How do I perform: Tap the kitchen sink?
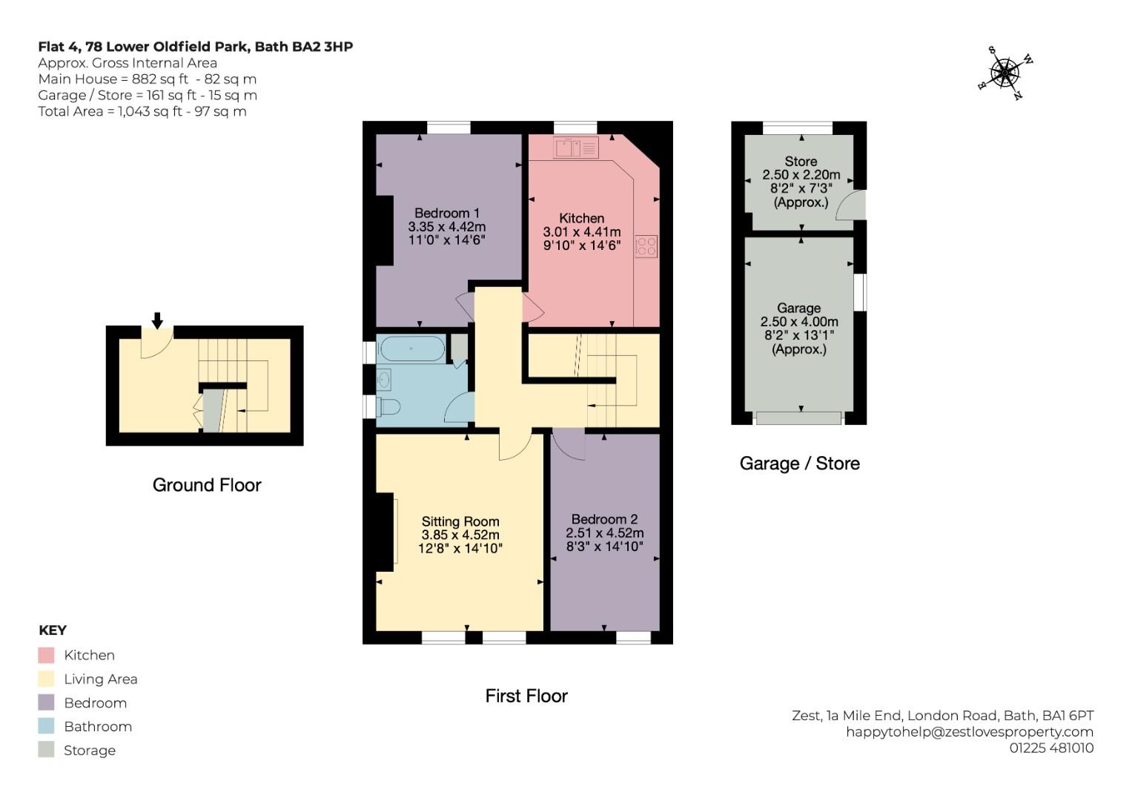575,148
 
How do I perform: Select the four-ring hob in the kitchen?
646,246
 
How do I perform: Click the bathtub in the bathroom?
412,349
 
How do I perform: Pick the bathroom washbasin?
383,379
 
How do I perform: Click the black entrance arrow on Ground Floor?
157,320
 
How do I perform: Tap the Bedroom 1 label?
447,213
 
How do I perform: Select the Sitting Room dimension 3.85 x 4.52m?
460,535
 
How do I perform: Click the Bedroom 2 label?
604,519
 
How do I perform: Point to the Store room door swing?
851,205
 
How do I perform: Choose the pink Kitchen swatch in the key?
46,655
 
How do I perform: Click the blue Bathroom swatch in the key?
46,726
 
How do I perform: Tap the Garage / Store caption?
799,464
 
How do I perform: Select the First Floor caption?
526,696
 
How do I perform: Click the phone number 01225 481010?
1051,748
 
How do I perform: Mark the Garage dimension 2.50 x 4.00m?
799,322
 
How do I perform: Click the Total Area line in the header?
142,111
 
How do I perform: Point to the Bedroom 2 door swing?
569,444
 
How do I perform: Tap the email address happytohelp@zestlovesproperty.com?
970,732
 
